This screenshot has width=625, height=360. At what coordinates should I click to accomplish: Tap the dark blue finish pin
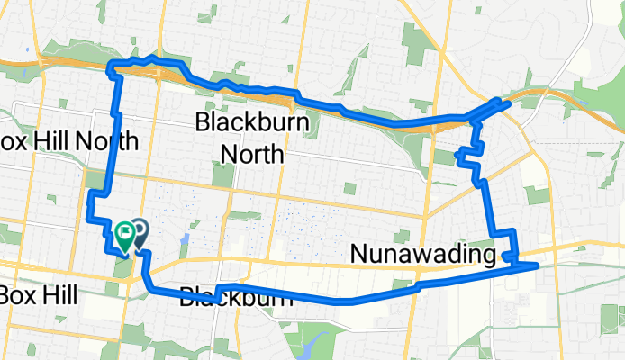tap(140, 233)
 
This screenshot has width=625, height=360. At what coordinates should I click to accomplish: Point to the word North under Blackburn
tap(252, 154)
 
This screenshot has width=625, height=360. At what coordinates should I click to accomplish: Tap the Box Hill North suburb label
tap(68, 140)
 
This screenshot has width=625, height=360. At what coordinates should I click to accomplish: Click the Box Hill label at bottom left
tap(38, 294)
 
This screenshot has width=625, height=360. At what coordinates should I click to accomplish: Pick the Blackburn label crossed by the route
tap(236, 296)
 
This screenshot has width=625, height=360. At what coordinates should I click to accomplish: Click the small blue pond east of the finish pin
tap(184, 239)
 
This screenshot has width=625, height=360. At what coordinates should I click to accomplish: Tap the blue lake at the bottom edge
tap(314, 346)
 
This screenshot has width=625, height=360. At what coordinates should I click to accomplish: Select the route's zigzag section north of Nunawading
tap(470, 154)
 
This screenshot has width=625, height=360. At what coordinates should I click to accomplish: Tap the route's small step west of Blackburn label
tap(219, 289)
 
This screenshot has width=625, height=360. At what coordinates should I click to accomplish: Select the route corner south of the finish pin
tap(149, 287)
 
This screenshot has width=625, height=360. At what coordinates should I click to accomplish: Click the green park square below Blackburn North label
tap(349, 188)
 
